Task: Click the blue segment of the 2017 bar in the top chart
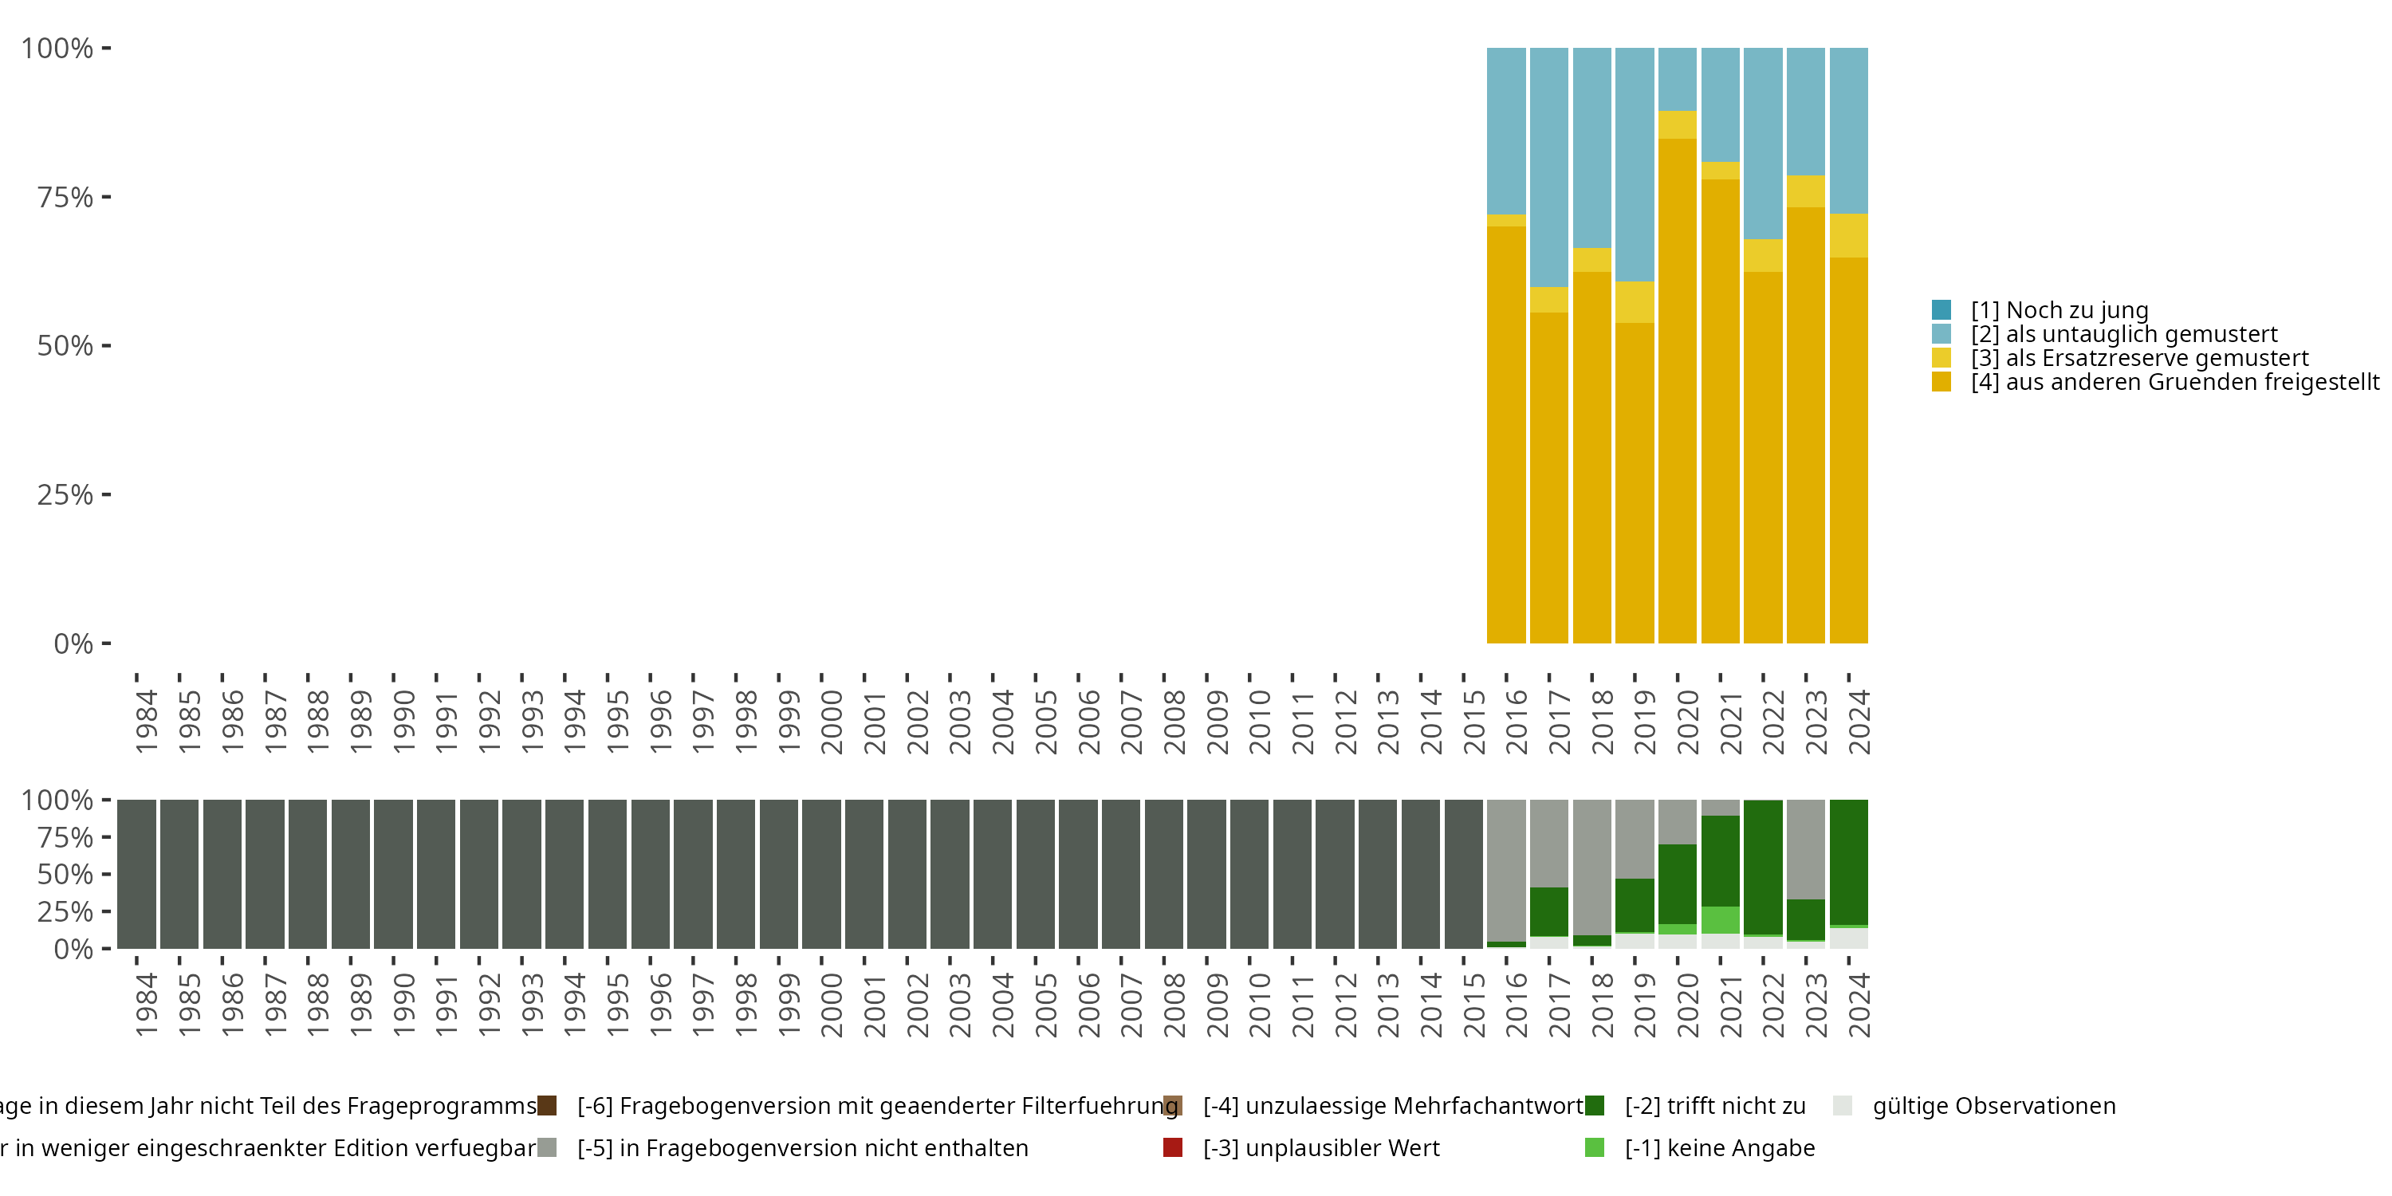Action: (1549, 167)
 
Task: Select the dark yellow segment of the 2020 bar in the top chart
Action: (1677, 390)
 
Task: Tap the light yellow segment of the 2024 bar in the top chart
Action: (1849, 235)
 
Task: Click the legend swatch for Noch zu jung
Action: (1942, 310)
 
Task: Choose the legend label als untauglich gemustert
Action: (2125, 334)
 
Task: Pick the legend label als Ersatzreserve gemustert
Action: (2139, 359)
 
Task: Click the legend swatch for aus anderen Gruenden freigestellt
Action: (1942, 382)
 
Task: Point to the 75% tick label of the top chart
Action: (65, 197)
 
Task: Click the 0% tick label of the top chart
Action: (73, 643)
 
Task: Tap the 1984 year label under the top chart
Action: (147, 722)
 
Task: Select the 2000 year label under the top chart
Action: (832, 722)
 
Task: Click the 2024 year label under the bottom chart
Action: (1860, 1005)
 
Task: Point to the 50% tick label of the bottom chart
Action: (65, 874)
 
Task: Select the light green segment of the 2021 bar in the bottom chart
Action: (1720, 919)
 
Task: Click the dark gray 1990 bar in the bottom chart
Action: (394, 874)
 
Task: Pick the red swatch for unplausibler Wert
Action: (1173, 1147)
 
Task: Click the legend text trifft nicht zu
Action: (1714, 1106)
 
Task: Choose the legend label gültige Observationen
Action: (1993, 1106)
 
